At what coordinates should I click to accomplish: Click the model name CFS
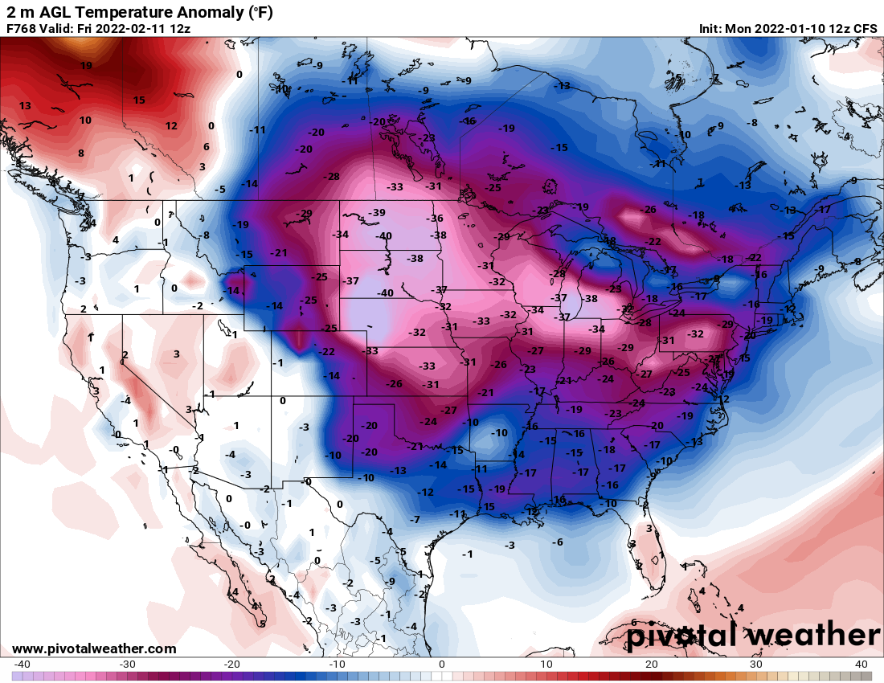[x=865, y=29]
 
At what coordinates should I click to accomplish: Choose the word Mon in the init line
[x=739, y=29]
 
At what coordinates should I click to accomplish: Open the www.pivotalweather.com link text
[x=94, y=648]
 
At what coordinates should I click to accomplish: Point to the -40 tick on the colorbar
[x=23, y=664]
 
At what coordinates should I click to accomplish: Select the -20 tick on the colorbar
[x=232, y=664]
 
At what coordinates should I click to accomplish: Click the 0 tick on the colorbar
[x=442, y=664]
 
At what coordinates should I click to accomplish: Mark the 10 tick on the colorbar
[x=546, y=664]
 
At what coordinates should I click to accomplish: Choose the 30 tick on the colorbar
[x=756, y=664]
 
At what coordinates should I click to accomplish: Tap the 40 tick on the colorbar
[x=861, y=664]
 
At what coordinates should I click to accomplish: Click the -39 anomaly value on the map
[x=376, y=212]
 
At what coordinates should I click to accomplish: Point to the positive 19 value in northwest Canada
[x=86, y=66]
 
